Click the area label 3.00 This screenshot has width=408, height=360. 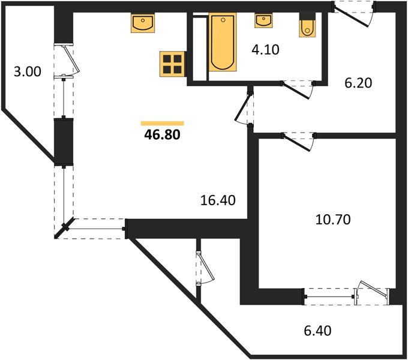point(27,72)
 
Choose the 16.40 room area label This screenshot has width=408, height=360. point(218,199)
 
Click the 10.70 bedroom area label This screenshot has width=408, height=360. point(332,219)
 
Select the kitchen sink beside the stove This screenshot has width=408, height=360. point(143,24)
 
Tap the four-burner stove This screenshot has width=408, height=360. point(172,64)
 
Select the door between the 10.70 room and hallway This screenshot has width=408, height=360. point(298,141)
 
